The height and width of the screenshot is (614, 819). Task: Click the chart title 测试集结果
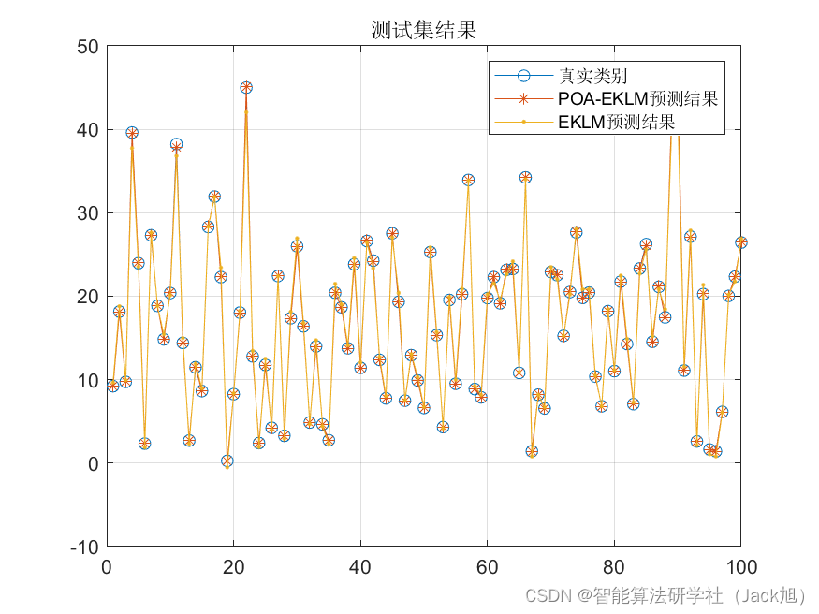[x=423, y=31]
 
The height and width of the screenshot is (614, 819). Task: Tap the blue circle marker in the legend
[x=524, y=76]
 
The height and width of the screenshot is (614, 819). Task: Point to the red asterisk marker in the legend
[x=524, y=98]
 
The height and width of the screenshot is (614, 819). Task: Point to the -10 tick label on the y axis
[x=83, y=547]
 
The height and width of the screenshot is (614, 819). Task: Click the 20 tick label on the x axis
[x=233, y=566]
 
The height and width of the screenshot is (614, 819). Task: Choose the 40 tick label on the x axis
[x=360, y=566]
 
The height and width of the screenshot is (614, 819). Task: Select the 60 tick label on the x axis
[x=487, y=566]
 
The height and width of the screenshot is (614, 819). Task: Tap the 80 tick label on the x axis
[x=614, y=566]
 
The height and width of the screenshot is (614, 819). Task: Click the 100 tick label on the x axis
[x=739, y=566]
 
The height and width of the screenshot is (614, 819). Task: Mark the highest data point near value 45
[x=246, y=88]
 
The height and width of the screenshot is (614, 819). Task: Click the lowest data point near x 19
[x=227, y=461]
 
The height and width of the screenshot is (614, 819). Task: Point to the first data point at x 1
[x=113, y=386]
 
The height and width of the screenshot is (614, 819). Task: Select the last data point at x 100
[x=740, y=242]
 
